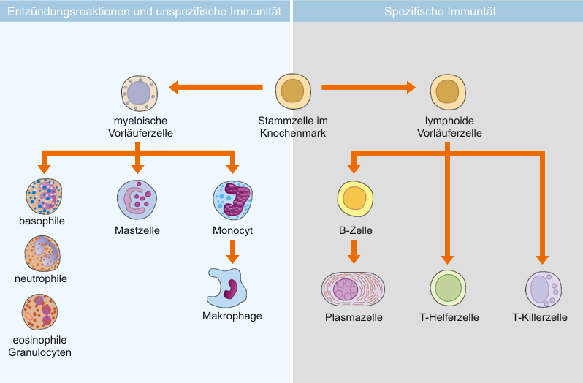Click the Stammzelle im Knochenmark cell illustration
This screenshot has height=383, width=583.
click(293, 91)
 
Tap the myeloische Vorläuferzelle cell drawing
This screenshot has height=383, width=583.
click(140, 94)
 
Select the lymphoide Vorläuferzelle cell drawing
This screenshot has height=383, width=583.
click(448, 92)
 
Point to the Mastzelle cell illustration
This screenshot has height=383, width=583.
click(137, 200)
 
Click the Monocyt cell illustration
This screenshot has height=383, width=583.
click(233, 200)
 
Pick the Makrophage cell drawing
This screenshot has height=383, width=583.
click(226, 288)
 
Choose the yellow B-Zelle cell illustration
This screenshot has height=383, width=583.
click(355, 199)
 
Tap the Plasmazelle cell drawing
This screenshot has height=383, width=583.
click(353, 289)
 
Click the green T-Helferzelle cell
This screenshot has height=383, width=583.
click(448, 288)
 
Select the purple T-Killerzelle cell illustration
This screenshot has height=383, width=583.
click(544, 289)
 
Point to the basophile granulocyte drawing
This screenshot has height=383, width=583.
click(44, 197)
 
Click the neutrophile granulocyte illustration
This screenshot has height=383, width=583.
click(42, 254)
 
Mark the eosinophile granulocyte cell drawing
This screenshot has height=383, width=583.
click(39, 312)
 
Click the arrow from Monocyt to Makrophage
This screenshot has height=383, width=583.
click(233, 251)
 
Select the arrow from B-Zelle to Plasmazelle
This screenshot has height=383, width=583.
click(354, 251)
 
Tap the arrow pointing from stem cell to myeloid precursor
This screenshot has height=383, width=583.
click(216, 88)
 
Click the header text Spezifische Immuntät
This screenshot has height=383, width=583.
click(440, 12)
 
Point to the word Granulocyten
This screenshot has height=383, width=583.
click(39, 352)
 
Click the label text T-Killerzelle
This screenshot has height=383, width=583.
click(539, 317)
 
